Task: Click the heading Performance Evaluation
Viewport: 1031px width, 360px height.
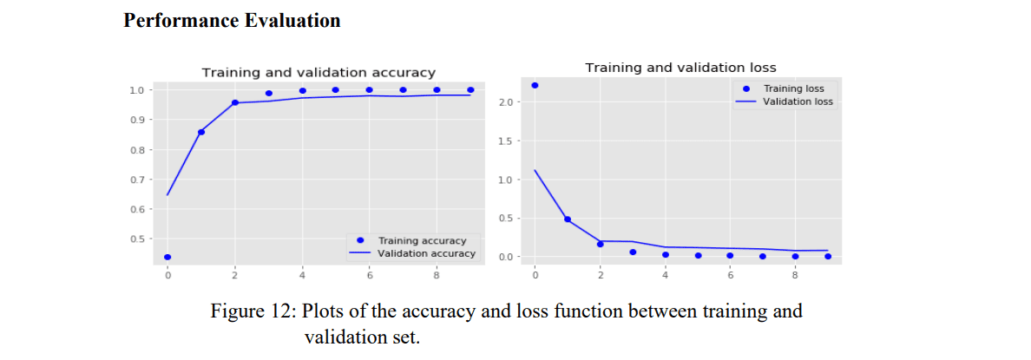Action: click(x=232, y=21)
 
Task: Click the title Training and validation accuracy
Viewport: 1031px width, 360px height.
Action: click(x=318, y=73)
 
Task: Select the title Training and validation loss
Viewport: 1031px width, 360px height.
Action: click(x=680, y=68)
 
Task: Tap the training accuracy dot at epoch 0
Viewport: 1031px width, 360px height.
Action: click(x=167, y=257)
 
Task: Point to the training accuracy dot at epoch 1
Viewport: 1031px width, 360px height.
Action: click(x=201, y=132)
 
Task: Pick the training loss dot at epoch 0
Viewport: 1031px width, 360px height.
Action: click(x=535, y=85)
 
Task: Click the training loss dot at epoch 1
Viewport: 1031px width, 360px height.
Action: click(x=568, y=219)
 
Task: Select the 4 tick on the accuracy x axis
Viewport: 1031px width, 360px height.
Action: click(x=302, y=276)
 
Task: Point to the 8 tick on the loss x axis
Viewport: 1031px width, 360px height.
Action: click(x=795, y=276)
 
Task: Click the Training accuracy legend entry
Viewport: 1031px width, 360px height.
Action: click(x=422, y=240)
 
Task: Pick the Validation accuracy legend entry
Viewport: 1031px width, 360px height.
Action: click(x=425, y=253)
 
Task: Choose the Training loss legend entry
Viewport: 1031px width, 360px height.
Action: click(x=793, y=88)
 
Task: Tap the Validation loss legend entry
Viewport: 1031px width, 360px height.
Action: click(x=797, y=101)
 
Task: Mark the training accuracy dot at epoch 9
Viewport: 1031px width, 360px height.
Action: click(x=470, y=89)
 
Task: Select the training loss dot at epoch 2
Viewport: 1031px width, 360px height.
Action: click(x=600, y=244)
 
